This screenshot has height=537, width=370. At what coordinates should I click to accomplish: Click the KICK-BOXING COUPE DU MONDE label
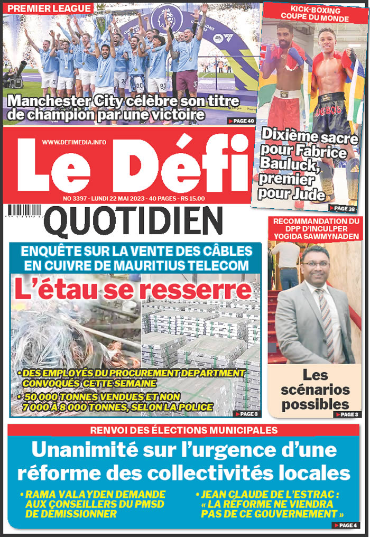[315, 15]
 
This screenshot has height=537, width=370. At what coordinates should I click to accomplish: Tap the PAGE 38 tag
[342, 208]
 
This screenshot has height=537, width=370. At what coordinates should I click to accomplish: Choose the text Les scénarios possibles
[315, 390]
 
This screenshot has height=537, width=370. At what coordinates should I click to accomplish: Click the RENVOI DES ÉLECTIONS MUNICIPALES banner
[183, 430]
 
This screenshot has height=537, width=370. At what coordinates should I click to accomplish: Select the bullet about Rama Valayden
[95, 504]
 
